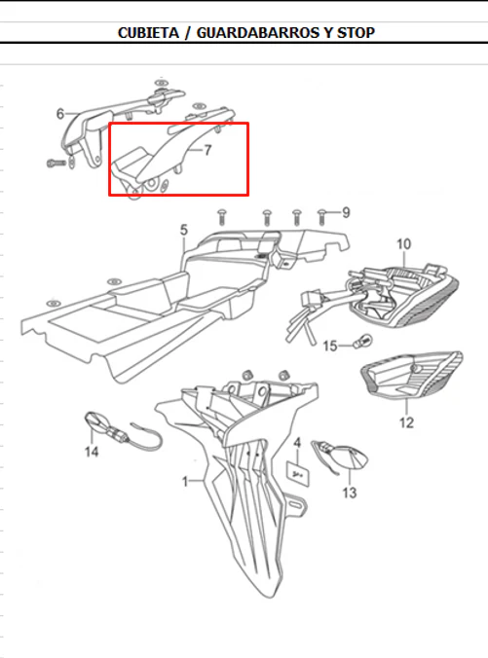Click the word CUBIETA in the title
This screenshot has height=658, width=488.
coord(148,33)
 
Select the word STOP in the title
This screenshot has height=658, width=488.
coord(356,33)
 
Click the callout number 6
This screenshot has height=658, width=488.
coord(60,114)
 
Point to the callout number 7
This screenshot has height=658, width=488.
coord(207,150)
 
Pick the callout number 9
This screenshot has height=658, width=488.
coord(346,213)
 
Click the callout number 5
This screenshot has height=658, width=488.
coord(184,230)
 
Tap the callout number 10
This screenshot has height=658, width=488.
coord(403,244)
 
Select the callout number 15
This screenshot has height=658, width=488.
coord(330,347)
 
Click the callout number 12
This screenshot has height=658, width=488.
coord(406,422)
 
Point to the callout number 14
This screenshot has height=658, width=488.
coord(92,452)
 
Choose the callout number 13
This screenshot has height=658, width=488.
coord(349,493)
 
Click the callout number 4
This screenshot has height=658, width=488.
coord(297,443)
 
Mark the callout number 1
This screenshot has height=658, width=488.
coord(185,482)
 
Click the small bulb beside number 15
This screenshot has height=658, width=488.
coord(363,341)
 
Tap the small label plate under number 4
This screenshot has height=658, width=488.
coord(298,474)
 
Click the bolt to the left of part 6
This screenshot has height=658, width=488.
coord(56,162)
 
